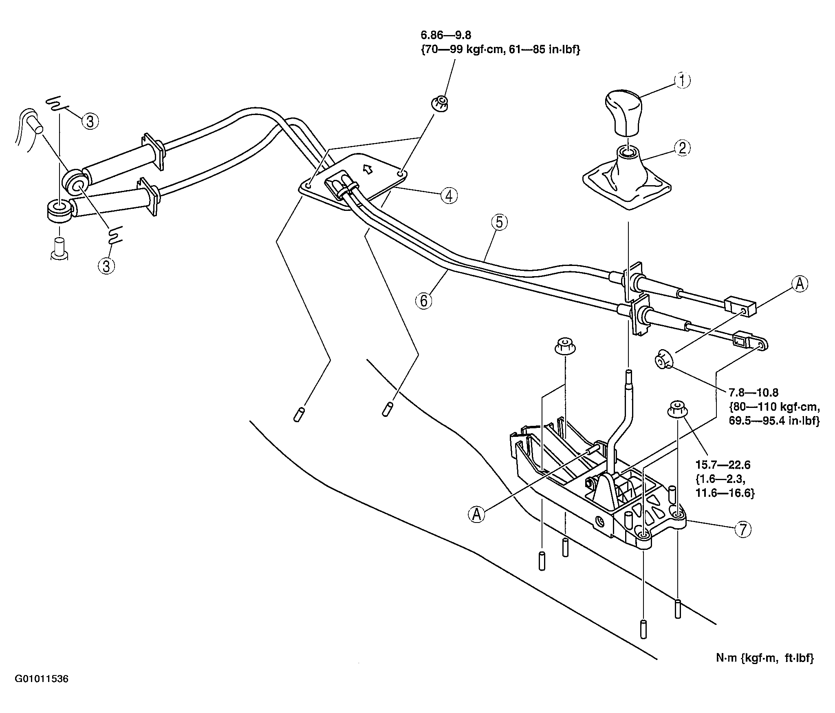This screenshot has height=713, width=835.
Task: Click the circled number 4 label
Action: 449,196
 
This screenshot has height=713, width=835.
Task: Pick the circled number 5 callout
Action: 500,223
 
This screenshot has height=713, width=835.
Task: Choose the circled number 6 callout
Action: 424,301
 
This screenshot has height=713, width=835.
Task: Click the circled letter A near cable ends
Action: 800,284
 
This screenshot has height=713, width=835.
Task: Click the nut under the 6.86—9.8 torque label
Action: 439,102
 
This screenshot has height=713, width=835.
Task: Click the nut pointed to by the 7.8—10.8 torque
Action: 663,361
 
